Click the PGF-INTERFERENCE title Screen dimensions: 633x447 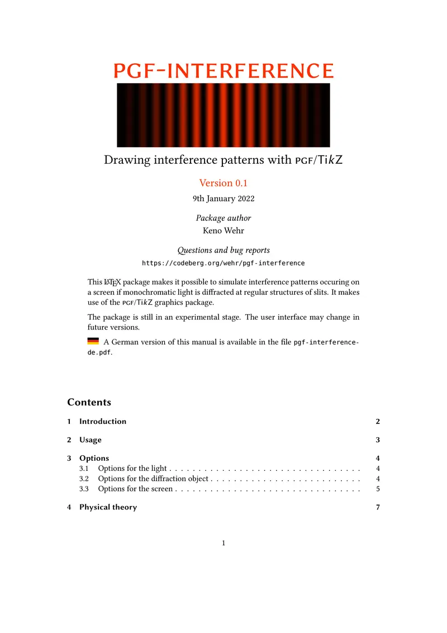tap(223, 70)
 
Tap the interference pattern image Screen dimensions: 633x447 tap(223, 115)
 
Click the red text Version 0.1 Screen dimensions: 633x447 tap(223, 183)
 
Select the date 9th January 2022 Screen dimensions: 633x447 tap(223, 199)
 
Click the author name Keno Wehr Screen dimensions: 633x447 tap(223, 230)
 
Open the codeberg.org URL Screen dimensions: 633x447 tap(223, 263)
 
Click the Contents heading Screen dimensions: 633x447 tap(89, 403)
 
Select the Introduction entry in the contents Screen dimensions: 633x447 tap(103, 422)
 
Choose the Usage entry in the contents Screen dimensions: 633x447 tap(91, 440)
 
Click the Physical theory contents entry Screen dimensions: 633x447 tap(108, 507)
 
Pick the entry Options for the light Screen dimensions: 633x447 tap(132, 469)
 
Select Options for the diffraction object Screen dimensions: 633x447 tap(153, 479)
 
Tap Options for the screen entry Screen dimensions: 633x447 tap(135, 489)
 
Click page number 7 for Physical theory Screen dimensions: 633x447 tap(378, 507)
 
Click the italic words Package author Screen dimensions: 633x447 tap(223, 218)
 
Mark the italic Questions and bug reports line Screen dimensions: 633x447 tap(223, 251)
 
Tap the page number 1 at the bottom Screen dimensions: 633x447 tap(223, 543)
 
